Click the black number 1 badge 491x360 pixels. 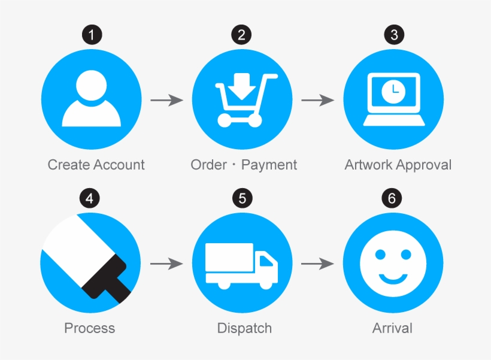[92, 35]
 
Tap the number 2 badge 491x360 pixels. [241, 35]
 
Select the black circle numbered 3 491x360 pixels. [394, 35]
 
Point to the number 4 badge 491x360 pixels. [90, 198]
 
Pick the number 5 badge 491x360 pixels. [243, 198]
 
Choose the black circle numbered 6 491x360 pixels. [392, 198]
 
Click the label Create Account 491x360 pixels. [96, 165]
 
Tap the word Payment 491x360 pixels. [269, 165]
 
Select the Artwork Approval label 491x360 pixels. [398, 165]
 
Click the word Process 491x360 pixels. [90, 328]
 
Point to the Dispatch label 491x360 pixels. [244, 328]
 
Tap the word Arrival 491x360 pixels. [392, 328]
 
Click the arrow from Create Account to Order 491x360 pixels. [167, 100]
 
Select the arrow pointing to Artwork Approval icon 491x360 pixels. [318, 100]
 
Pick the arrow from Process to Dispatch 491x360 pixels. [167, 264]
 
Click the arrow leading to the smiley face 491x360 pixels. [317, 264]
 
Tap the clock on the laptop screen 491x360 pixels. [393, 91]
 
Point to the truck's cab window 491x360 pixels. [266, 261]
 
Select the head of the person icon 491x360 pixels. [91, 85]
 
